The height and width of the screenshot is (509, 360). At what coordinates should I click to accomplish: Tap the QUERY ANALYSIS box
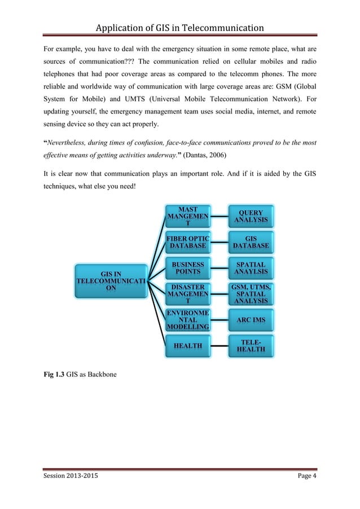251,217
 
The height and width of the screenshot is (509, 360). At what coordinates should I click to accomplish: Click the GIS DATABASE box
251,243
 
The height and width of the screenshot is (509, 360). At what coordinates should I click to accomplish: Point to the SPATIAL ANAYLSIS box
251,268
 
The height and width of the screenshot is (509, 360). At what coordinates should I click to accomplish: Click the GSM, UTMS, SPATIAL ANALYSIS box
251,293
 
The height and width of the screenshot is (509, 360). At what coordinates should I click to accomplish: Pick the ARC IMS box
251,320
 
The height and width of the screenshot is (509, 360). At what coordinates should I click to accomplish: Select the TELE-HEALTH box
251,345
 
